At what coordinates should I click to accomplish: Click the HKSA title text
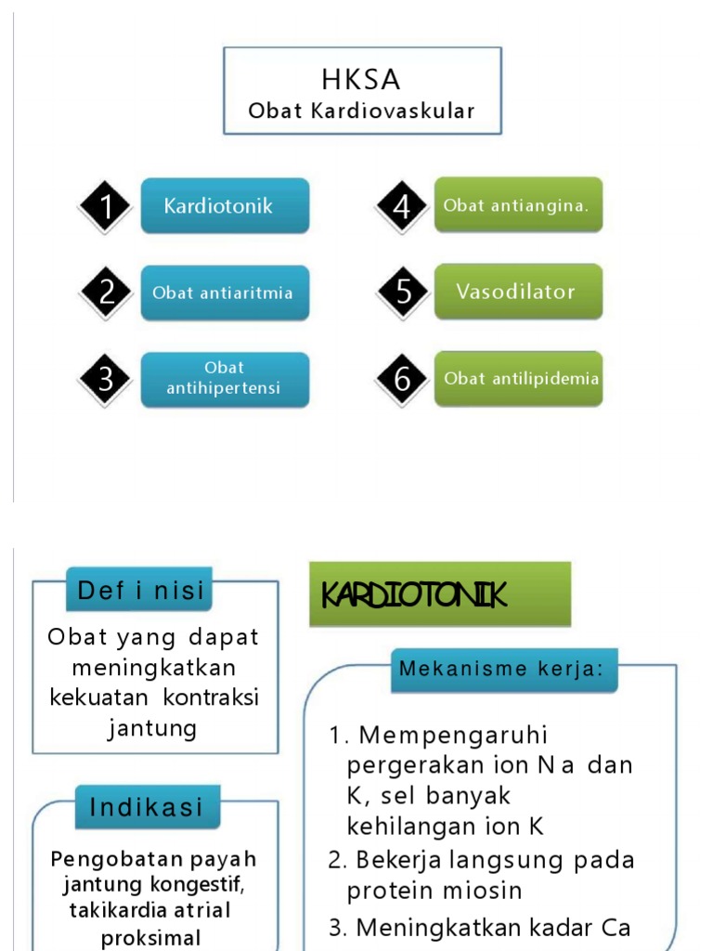pyautogui.click(x=362, y=79)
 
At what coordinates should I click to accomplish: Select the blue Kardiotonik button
pyautogui.click(x=225, y=205)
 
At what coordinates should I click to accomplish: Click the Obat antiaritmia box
pyautogui.click(x=225, y=293)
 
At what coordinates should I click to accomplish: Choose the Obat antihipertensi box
pyautogui.click(x=225, y=379)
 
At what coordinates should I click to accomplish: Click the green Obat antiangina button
pyautogui.click(x=518, y=205)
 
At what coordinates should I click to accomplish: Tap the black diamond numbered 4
pyautogui.click(x=402, y=206)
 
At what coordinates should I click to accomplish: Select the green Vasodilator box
pyautogui.click(x=518, y=292)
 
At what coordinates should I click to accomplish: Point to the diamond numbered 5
pyautogui.click(x=402, y=293)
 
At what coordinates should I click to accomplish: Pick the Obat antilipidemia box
pyautogui.click(x=518, y=379)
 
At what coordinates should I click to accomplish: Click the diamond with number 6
pyautogui.click(x=402, y=379)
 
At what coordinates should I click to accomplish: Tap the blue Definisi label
pyautogui.click(x=140, y=591)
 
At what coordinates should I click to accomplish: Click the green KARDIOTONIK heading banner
pyautogui.click(x=440, y=594)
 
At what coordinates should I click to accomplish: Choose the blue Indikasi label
pyautogui.click(x=147, y=807)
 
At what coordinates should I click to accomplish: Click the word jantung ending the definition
pyautogui.click(x=153, y=728)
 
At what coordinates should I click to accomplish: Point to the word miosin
pyautogui.click(x=480, y=891)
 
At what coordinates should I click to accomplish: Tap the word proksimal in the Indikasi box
pyautogui.click(x=151, y=938)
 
